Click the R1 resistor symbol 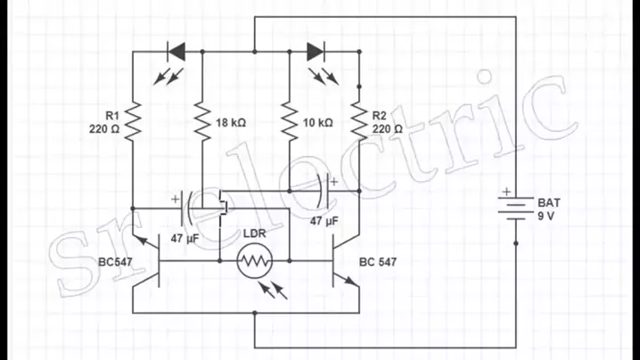[x=134, y=122]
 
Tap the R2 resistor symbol [x=359, y=122]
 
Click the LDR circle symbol [x=255, y=262]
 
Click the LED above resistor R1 [x=176, y=52]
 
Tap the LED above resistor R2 [x=317, y=52]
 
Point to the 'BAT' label [x=548, y=203]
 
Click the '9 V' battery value [x=546, y=217]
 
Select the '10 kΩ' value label [x=317, y=122]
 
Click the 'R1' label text [x=112, y=116]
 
